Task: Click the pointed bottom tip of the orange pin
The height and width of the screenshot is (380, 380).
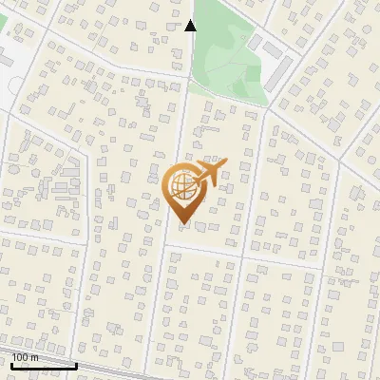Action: coord(180,223)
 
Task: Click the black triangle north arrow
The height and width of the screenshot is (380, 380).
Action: coord(190,26)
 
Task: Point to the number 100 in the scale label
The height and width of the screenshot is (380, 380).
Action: coord(20,357)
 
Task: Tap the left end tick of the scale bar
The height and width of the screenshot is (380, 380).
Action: coord(11,363)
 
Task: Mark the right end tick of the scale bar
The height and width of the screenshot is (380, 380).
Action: coord(77,363)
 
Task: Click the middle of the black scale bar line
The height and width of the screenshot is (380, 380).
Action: coord(44,365)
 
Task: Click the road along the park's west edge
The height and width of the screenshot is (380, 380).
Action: coord(187,57)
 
